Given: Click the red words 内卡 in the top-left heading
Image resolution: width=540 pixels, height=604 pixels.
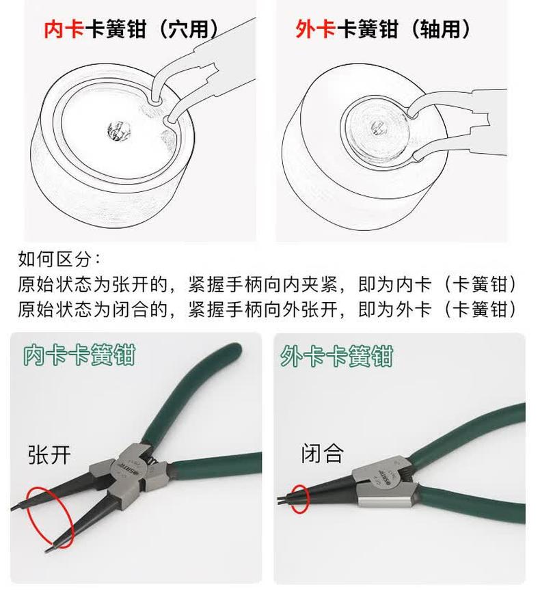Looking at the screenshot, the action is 64,29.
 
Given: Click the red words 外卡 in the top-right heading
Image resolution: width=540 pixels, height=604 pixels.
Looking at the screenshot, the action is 316,29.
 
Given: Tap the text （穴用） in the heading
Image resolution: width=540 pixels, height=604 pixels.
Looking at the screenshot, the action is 188,29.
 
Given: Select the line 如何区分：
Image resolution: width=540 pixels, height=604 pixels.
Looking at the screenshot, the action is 59,259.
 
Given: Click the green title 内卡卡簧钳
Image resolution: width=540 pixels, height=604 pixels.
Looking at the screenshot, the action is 79,355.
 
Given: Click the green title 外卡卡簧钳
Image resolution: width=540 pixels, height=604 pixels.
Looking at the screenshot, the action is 336,355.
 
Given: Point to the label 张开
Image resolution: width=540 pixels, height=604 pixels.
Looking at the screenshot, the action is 49,454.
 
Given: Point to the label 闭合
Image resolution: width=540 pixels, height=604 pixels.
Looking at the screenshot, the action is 322,453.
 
